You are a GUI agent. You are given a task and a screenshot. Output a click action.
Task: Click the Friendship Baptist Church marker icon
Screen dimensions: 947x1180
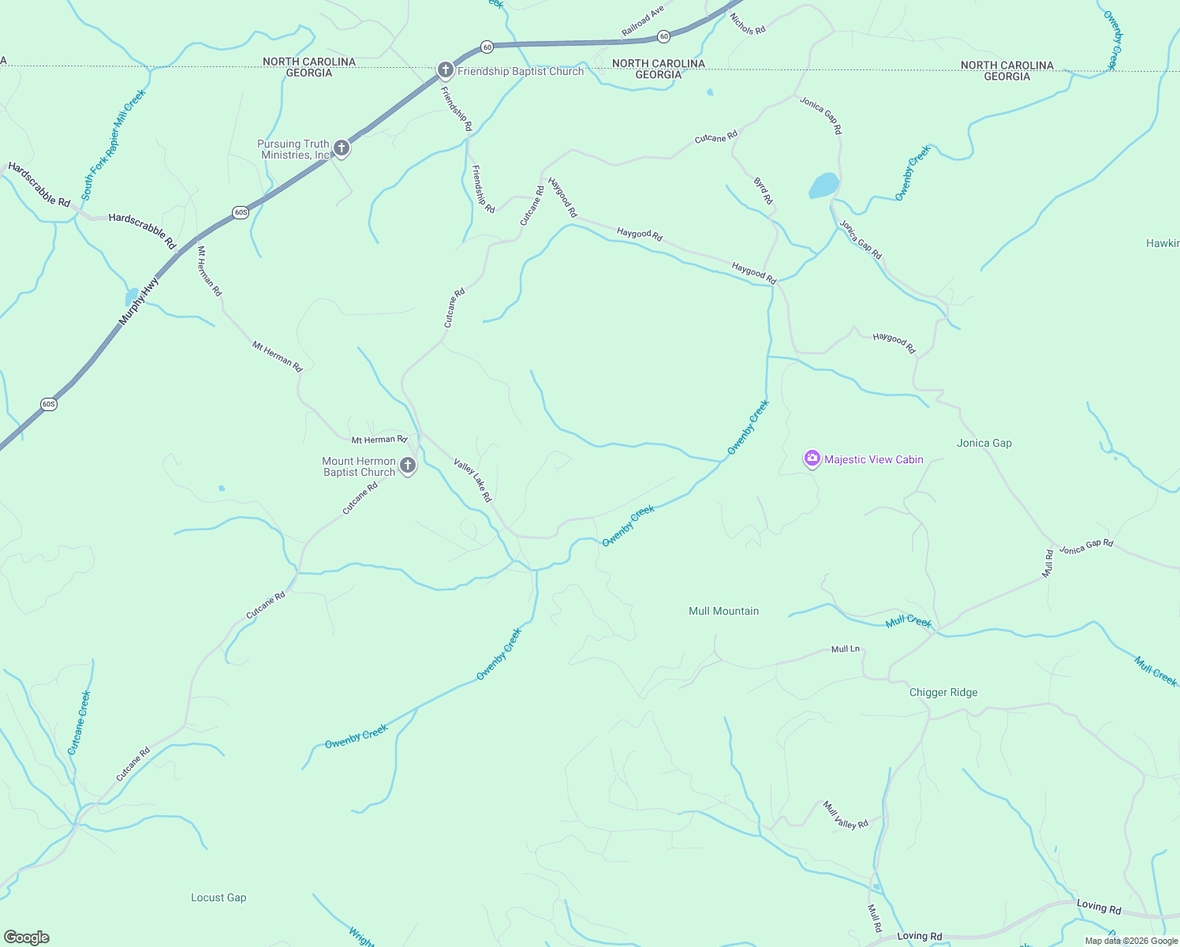point(445,70)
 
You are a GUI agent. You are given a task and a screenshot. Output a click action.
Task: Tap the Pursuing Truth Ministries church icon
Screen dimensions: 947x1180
point(341,148)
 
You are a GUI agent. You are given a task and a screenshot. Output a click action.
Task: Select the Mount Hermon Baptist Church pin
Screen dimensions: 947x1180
point(407,466)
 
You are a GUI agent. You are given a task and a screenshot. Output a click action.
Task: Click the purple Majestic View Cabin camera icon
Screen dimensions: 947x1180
point(812,459)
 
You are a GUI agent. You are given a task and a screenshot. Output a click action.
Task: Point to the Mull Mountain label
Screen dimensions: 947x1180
point(723,611)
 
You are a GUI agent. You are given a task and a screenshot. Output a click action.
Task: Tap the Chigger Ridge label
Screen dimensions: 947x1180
point(943,692)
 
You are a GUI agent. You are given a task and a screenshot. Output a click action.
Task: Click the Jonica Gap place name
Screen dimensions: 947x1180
point(984,443)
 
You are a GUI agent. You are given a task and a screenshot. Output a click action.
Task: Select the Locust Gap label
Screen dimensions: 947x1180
point(218,897)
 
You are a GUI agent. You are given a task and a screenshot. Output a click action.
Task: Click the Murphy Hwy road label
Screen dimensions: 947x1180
point(139,301)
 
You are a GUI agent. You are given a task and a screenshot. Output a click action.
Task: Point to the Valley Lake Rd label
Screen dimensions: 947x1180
point(472,480)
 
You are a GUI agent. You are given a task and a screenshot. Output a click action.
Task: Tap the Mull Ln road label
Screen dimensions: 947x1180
point(846,649)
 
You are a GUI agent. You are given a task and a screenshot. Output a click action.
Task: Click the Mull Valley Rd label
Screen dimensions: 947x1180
point(845,815)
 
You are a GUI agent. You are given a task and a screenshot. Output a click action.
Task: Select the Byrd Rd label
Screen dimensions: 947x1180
point(763,191)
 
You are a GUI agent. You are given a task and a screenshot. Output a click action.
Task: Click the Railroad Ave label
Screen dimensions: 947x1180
point(643,21)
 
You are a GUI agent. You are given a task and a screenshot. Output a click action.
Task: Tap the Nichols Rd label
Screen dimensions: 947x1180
point(747,24)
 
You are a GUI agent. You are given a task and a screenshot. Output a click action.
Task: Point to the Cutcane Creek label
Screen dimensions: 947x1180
point(80,722)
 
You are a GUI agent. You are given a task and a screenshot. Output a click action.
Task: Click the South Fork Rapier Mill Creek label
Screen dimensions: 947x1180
point(114,144)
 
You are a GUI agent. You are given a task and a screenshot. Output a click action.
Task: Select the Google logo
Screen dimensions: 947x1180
point(27,938)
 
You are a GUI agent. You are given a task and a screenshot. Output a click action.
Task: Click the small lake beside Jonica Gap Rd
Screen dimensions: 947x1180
point(823,185)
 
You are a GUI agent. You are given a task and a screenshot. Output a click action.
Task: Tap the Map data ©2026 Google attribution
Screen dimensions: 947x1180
point(1131,940)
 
